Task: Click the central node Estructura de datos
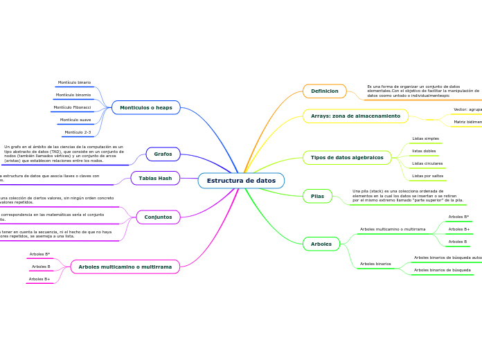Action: point(241,181)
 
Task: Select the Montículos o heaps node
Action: point(146,107)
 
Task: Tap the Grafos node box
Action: point(163,154)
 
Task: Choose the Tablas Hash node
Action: point(155,178)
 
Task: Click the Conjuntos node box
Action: point(159,217)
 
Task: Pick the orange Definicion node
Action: point(324,91)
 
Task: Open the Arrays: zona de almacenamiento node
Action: point(355,116)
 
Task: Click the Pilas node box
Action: point(317,196)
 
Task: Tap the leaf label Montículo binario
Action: point(74,82)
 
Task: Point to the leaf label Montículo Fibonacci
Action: point(72,107)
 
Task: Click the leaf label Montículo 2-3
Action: point(78,132)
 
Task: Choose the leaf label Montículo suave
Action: point(75,120)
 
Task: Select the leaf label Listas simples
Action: point(425,138)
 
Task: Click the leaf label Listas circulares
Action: point(427,163)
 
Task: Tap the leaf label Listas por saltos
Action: point(427,176)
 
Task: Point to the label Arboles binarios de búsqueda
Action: point(442,269)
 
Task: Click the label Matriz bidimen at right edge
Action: point(467,122)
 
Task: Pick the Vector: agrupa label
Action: point(467,109)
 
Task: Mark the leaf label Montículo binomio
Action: point(73,95)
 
